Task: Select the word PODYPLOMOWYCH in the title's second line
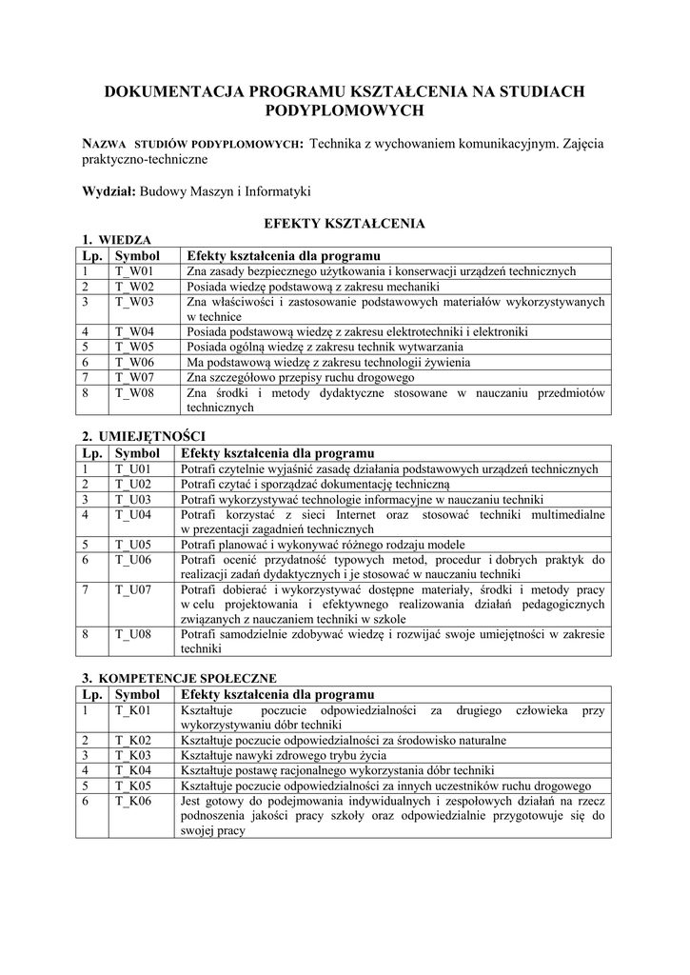point(344,110)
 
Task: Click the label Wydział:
point(109,191)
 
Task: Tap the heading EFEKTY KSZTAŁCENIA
point(344,223)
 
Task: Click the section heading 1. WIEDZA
point(114,240)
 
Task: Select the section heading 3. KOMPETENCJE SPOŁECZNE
point(179,679)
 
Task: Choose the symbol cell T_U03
point(134,499)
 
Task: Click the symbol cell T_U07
point(134,589)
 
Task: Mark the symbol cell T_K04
point(134,770)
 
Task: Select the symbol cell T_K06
point(134,801)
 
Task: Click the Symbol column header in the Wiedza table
point(137,256)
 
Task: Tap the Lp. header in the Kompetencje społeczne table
point(91,694)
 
